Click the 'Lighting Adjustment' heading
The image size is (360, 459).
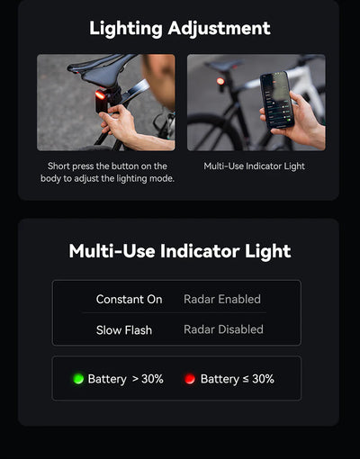(x=180, y=28)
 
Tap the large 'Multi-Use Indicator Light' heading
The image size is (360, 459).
(x=180, y=251)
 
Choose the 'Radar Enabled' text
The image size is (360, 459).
(x=222, y=300)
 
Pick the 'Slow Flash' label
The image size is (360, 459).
(x=124, y=330)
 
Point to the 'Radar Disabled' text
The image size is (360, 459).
(x=223, y=330)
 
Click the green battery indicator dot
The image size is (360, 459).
(x=77, y=379)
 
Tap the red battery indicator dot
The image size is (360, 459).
(x=190, y=379)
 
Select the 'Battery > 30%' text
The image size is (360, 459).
(x=125, y=379)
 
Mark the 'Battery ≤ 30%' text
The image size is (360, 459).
(x=238, y=379)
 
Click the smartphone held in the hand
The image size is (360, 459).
(x=276, y=100)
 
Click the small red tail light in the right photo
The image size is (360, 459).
(x=220, y=81)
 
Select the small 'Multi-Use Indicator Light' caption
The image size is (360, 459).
(x=255, y=166)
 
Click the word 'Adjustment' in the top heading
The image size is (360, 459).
(x=220, y=28)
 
